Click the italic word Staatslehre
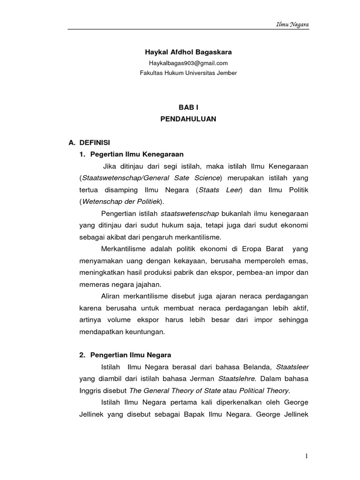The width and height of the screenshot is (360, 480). pos(236,378)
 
